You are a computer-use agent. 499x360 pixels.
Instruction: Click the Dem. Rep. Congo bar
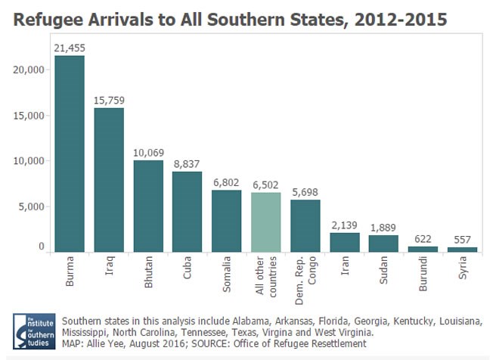click(x=305, y=225)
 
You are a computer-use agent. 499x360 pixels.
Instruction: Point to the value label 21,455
click(x=70, y=48)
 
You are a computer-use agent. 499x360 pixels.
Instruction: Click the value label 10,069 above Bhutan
click(x=148, y=151)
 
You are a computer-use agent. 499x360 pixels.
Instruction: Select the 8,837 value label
click(x=187, y=163)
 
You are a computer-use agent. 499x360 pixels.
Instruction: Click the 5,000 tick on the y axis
click(x=34, y=206)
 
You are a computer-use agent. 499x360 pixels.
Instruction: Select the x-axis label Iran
click(x=345, y=271)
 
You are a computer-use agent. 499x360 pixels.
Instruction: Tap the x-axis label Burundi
click(x=423, y=278)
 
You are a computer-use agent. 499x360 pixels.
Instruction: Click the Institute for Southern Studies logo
click(x=33, y=331)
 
